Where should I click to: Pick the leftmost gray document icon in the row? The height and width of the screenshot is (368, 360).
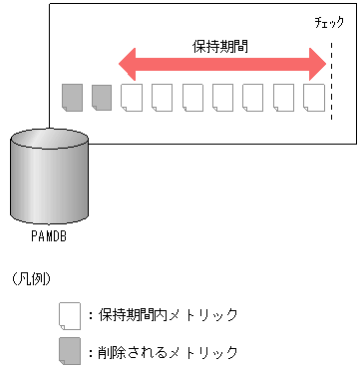point(72,97)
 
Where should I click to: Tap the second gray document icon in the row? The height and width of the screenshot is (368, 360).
point(102,97)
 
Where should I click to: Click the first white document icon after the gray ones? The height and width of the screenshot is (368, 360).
point(132,97)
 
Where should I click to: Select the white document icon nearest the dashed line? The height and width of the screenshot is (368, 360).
point(313,97)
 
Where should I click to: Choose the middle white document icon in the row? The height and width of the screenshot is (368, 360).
point(222,97)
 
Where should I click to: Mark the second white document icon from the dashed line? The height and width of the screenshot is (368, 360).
point(283,97)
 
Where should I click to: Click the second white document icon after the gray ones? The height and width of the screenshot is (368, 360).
point(162,97)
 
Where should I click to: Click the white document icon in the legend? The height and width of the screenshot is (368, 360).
point(69,315)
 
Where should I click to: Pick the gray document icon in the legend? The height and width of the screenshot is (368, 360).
point(69,352)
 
